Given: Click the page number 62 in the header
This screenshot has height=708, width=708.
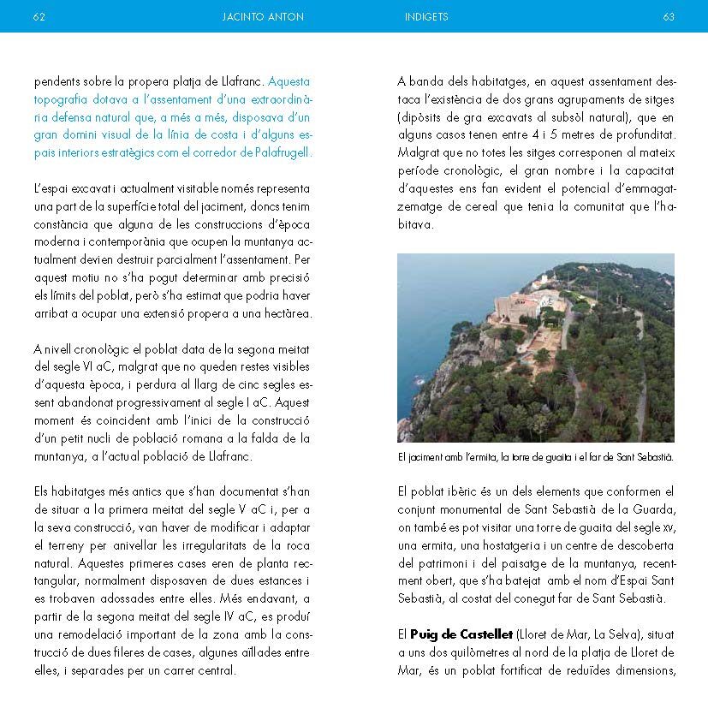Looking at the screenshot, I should click(x=39, y=16).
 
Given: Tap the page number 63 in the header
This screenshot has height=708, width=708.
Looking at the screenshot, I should click(x=669, y=16).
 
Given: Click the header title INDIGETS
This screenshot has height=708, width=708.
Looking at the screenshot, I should click(x=426, y=16).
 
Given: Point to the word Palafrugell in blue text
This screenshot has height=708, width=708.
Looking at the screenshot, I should click(x=282, y=152).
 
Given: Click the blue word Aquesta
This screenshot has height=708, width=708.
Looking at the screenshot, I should click(x=289, y=82).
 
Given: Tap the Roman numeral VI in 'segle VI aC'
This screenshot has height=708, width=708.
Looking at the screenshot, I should click(x=88, y=367).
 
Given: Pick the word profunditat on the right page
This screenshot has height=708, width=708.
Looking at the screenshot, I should click(x=641, y=134).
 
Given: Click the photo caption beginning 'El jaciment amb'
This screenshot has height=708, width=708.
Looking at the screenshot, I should click(x=536, y=457).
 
